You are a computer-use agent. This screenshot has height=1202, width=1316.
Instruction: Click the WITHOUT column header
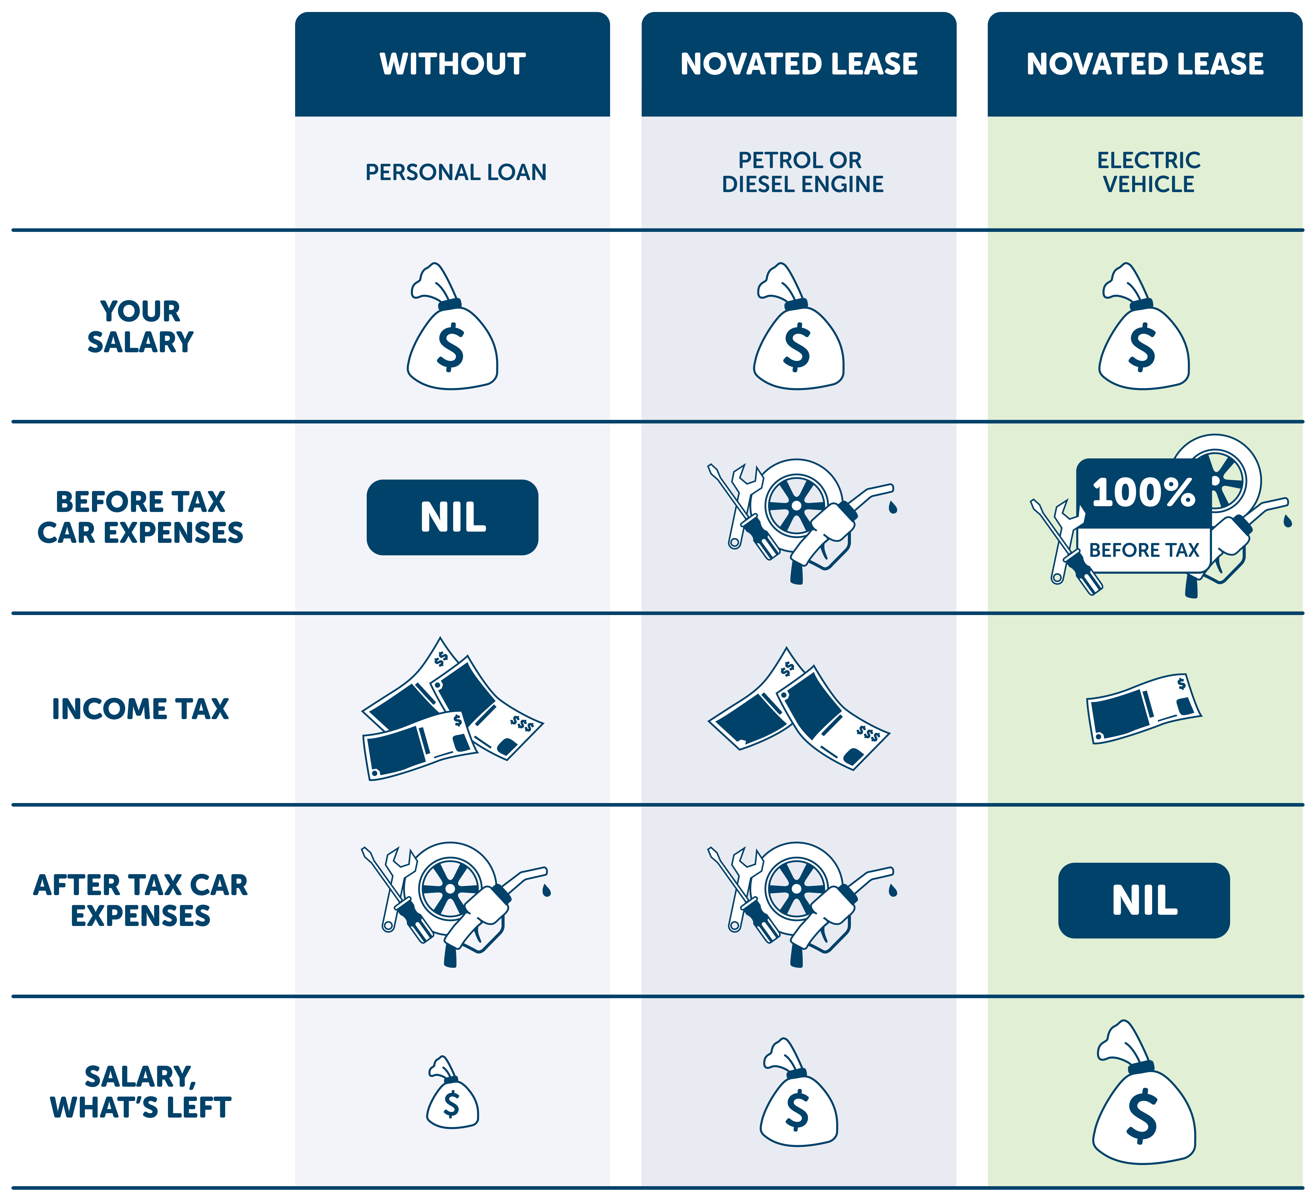452,64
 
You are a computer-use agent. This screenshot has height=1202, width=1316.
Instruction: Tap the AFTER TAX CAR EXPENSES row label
140,900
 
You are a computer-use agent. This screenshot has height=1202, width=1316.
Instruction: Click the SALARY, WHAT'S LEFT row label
140,1092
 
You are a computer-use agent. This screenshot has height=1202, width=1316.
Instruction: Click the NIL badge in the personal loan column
452,517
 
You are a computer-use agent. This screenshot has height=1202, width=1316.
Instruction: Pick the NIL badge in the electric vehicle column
1144,900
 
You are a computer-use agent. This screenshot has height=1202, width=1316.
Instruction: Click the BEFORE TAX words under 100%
1144,550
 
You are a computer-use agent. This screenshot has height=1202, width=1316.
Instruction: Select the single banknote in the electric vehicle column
1144,709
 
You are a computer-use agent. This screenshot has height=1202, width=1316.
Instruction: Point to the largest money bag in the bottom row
1144,1097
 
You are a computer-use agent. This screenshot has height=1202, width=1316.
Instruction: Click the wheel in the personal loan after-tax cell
450,888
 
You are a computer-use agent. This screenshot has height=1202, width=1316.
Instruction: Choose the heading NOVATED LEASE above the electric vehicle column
1145,64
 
